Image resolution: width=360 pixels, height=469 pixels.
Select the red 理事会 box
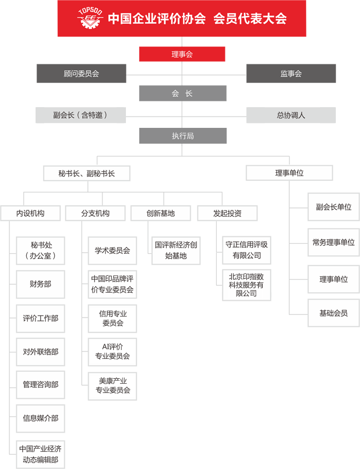pyautogui.click(x=182, y=54)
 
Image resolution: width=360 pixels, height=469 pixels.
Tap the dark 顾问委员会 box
pyautogui.click(x=81, y=73)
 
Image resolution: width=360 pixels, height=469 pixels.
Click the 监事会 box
pyautogui.click(x=291, y=73)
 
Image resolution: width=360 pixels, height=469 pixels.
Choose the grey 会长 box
pyautogui.click(x=183, y=93)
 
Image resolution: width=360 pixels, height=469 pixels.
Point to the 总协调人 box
pyautogui.click(x=291, y=115)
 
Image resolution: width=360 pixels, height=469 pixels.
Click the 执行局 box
pyautogui.click(x=183, y=136)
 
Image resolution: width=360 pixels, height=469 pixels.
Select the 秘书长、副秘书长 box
pyautogui.click(x=87, y=173)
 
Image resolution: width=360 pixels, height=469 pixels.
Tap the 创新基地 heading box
pyautogui.click(x=160, y=213)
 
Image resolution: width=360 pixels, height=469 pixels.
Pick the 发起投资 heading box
pyautogui.click(x=228, y=213)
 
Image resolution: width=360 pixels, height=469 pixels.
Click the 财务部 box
pyautogui.click(x=40, y=284)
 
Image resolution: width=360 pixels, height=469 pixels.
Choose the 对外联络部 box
pyautogui.click(x=40, y=352)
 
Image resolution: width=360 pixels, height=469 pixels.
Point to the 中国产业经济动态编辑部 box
pyautogui.click(x=40, y=454)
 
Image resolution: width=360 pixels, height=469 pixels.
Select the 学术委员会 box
pyautogui.click(x=112, y=251)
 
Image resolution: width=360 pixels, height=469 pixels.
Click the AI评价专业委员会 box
pyautogui.click(x=112, y=352)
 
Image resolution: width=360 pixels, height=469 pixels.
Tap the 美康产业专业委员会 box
pyautogui.click(x=112, y=386)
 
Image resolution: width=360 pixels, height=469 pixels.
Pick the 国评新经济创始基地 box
pyautogui.click(x=176, y=251)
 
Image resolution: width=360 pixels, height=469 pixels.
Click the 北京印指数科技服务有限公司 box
pyautogui.click(x=246, y=285)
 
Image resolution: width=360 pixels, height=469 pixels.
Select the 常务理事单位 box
pyautogui.click(x=333, y=242)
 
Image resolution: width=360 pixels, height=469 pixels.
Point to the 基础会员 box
pyautogui.click(x=333, y=313)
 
